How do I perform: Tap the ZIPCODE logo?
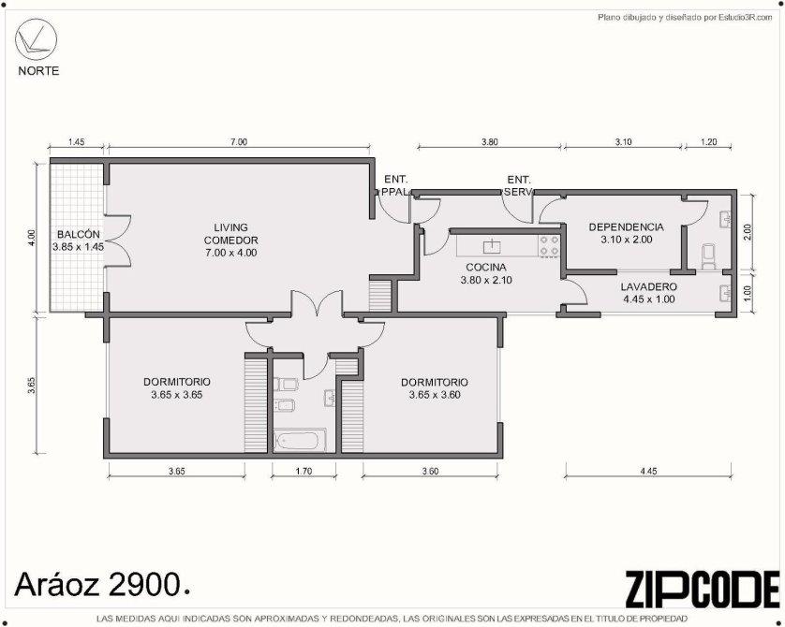[703, 590]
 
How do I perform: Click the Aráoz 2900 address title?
[102, 585]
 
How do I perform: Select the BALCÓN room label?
[78, 234]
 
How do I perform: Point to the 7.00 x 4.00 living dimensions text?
[231, 253]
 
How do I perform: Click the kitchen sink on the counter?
[493, 245]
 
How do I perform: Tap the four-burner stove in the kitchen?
[549, 245]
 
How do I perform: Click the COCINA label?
[486, 268]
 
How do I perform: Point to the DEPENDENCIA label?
[627, 227]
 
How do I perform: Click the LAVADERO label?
[649, 287]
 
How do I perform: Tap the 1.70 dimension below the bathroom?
[304, 471]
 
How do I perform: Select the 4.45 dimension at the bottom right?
[648, 471]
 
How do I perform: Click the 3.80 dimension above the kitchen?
[490, 142]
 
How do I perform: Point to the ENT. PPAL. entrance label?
[396, 185]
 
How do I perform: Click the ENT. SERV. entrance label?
[519, 185]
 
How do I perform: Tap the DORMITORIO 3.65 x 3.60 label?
[435, 388]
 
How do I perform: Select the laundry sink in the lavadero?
[724, 293]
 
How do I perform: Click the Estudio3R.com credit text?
[686, 18]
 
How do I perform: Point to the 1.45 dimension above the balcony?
[76, 142]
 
